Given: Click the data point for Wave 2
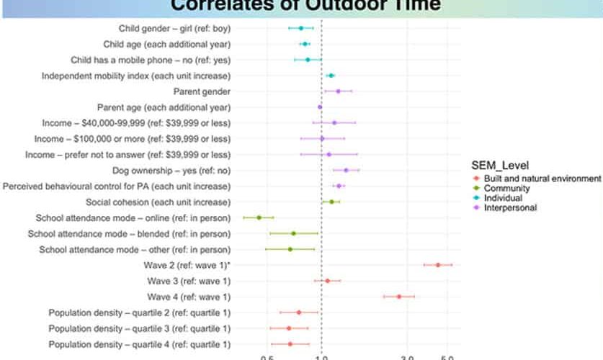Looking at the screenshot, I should coord(438,265).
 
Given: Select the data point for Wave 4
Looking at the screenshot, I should coord(398,296).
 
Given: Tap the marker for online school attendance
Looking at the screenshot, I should coord(259,217).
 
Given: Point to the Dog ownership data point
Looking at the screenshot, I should coord(346,170).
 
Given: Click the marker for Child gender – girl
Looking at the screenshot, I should coord(301,28).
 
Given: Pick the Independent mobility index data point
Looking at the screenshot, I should coord(331,76).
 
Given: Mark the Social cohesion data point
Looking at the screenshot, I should coord(331,202).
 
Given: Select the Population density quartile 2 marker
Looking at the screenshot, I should coord(299,312).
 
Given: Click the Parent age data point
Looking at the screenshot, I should coord(320,107).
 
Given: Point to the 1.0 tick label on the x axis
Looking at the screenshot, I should coord(321,356).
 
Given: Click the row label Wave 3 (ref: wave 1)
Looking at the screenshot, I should coord(189,281).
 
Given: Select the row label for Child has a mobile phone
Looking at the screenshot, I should coord(151,60).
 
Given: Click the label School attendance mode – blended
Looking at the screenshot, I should coord(129,233).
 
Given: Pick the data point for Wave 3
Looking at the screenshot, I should coord(327,281).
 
